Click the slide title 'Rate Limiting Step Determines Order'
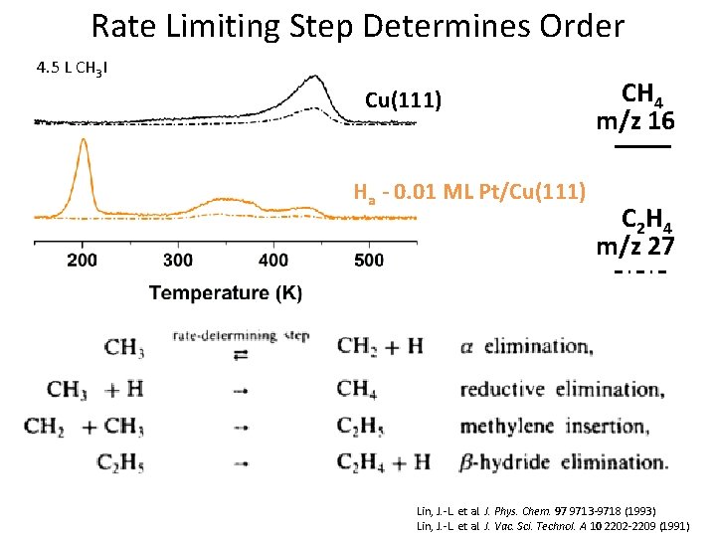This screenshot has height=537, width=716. (x=357, y=26)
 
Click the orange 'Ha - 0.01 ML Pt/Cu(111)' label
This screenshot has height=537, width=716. (x=470, y=191)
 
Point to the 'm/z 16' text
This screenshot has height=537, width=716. (x=634, y=122)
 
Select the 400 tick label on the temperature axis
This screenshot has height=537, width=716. (x=273, y=261)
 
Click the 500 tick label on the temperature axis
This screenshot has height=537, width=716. (x=369, y=261)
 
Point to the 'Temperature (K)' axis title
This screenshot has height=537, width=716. (x=226, y=292)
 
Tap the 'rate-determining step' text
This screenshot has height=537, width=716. (x=241, y=336)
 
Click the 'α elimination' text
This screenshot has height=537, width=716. (x=527, y=347)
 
